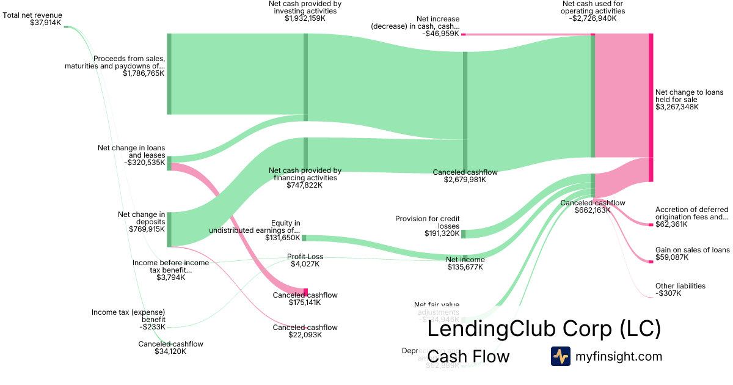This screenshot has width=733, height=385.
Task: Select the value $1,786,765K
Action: pos(144,73)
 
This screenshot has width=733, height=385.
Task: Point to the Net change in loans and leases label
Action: pos(131,152)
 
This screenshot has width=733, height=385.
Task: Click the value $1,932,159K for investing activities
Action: pos(305,18)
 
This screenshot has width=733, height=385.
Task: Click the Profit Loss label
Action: pos(305,257)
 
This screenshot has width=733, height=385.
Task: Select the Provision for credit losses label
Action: pos(428,222)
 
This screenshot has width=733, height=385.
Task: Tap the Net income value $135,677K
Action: pos(466,267)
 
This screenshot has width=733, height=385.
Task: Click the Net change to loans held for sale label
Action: pos(689,96)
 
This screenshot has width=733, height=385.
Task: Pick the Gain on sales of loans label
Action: pos(692,250)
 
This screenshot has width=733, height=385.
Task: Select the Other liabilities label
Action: pos(680,285)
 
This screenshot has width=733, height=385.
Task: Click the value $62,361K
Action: pos(671,224)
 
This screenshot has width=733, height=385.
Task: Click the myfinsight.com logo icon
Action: pos(560,356)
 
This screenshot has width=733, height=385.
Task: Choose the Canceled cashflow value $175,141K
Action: pos(305,302)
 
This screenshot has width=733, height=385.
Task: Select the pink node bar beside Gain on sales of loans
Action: pos(651,262)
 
